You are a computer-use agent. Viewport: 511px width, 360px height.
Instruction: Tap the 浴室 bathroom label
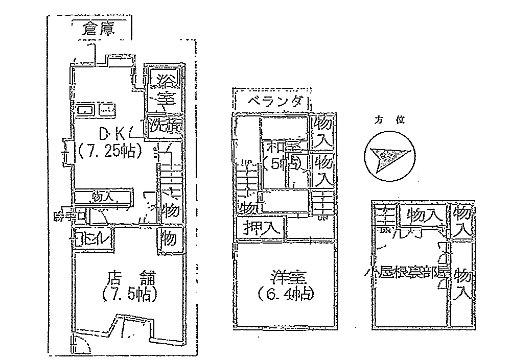tap(164, 88)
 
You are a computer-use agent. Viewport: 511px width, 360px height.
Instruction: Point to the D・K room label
tap(112, 134)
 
